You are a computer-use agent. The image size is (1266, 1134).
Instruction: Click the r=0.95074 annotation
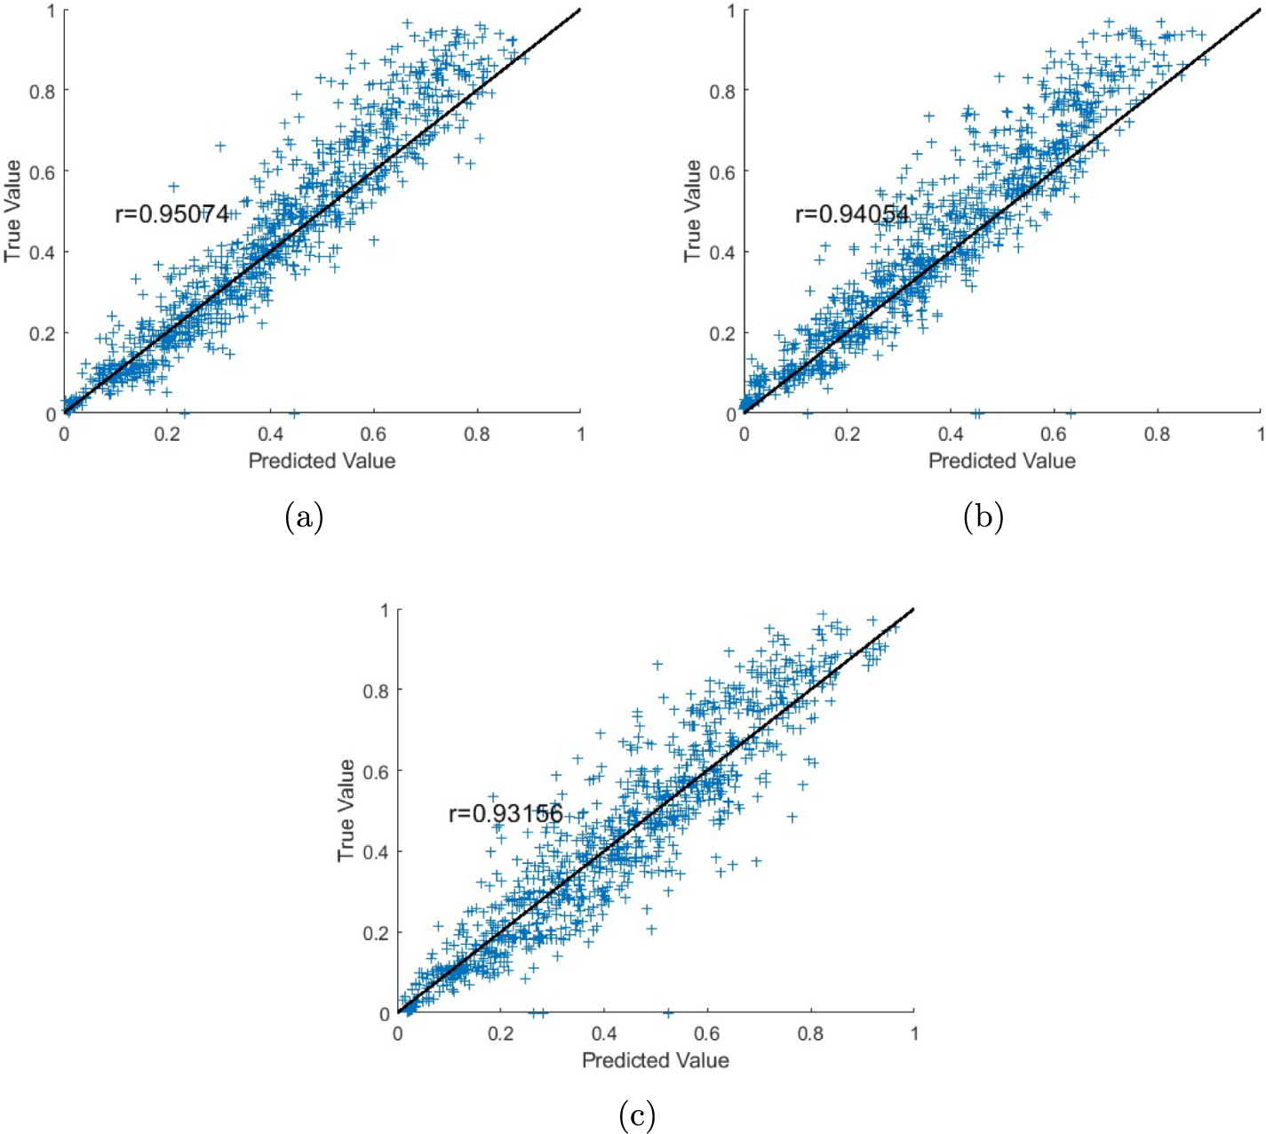point(172,214)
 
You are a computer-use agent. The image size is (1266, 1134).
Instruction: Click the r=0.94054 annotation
point(852,214)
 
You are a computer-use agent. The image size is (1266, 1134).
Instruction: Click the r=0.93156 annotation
point(506,813)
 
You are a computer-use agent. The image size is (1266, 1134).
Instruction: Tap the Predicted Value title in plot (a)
point(322,460)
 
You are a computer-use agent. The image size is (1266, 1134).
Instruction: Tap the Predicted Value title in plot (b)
point(1001,460)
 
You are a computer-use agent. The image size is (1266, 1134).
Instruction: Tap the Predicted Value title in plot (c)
point(655,1059)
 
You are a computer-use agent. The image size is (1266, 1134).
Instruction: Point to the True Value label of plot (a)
point(12,212)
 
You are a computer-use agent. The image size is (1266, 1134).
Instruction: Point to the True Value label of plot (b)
point(692,212)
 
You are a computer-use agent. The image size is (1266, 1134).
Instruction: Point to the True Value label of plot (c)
point(346,811)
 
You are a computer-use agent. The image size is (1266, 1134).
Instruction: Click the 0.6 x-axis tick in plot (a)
point(373,434)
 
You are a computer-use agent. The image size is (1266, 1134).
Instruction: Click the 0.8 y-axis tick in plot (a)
point(42,91)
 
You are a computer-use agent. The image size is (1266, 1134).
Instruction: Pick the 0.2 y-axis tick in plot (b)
point(721,333)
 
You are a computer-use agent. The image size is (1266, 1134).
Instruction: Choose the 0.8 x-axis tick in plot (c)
point(810,1034)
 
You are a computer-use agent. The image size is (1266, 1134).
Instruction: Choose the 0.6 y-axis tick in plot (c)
point(375,771)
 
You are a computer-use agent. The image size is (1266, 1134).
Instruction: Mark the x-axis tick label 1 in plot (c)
point(914,1034)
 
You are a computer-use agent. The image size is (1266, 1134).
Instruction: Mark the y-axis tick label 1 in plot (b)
point(731,11)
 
